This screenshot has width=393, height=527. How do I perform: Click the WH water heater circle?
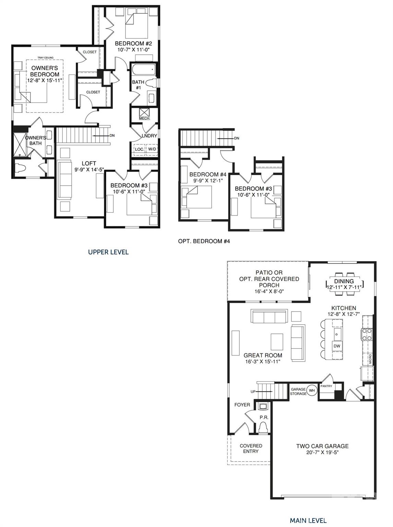pos(312,390)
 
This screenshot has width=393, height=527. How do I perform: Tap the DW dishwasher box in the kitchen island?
pos(337,346)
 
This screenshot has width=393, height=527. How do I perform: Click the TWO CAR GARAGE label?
pos(322,446)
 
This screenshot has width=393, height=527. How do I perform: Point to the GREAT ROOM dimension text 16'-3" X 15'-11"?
pos(263,362)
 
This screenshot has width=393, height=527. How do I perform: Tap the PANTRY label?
pos(326,386)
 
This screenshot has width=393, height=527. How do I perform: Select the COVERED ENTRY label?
pos(251,448)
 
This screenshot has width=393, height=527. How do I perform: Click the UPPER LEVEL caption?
pos(108,252)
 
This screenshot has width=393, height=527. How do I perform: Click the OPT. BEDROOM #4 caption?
pos(204,241)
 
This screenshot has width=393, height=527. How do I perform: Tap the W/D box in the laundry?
pos(152,149)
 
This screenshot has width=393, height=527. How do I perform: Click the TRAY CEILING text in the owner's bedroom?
pos(45,58)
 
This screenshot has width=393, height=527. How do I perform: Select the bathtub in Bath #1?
pos(143,70)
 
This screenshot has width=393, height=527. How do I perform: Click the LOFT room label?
pos(89,163)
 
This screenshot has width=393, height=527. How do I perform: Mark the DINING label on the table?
pos(344,281)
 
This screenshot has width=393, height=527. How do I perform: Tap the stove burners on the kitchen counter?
pos(367,335)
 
